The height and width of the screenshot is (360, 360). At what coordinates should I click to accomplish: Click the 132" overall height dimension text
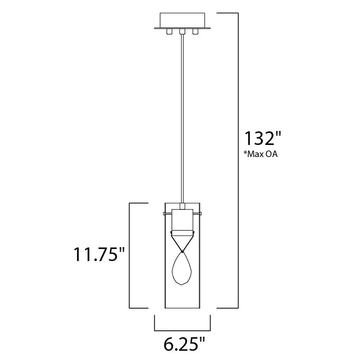pyautogui.click(x=263, y=138)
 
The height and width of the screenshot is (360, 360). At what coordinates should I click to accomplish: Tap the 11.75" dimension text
pyautogui.click(x=99, y=254)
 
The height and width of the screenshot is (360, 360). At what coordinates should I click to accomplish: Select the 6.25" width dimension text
pyautogui.click(x=184, y=344)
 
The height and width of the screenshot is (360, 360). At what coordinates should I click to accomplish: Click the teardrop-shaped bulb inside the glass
pyautogui.click(x=182, y=269)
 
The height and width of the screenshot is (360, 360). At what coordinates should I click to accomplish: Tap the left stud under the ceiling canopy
pyautogui.click(x=169, y=31)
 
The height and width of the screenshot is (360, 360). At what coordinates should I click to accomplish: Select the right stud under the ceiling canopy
pyautogui.click(x=195, y=31)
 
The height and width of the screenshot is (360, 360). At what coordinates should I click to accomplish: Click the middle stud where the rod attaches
pyautogui.click(x=182, y=31)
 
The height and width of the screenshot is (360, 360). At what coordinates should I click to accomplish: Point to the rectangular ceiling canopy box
pyautogui.click(x=182, y=20)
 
